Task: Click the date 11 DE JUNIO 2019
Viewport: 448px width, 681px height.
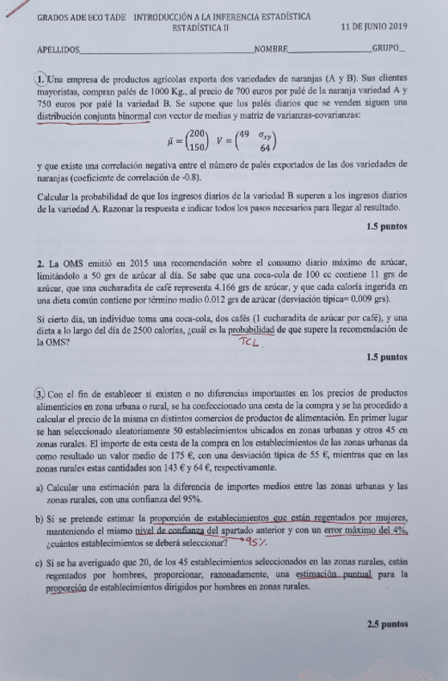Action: [x=373, y=27]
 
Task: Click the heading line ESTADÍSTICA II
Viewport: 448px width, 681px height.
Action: [x=200, y=27]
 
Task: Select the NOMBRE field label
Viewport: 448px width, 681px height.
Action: [x=271, y=50]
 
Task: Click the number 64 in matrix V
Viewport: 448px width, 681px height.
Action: [x=263, y=148]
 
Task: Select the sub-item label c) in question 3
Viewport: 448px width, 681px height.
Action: [x=41, y=565]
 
